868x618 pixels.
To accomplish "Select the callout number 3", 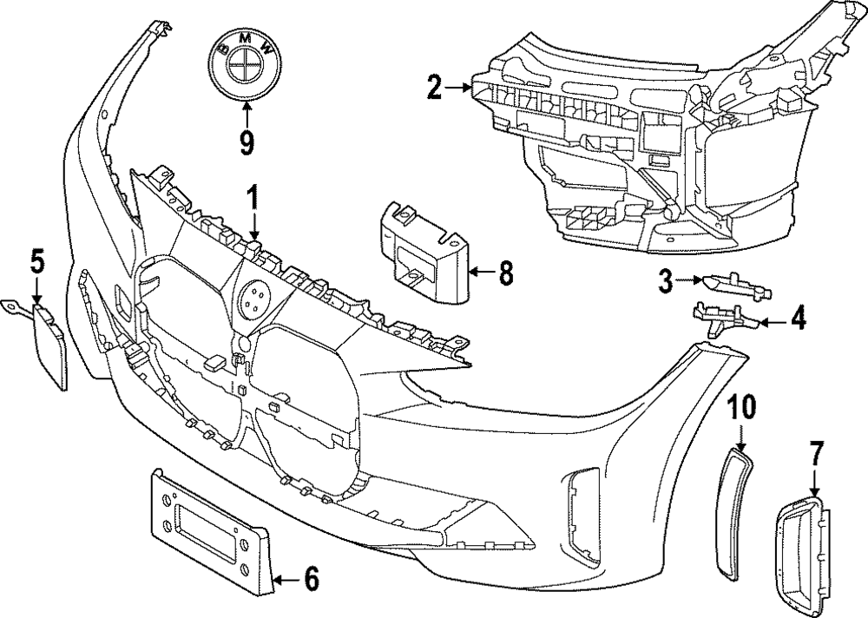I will [x=665, y=279].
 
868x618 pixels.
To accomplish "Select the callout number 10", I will [x=742, y=407].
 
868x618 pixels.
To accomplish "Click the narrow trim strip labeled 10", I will [x=733, y=512].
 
